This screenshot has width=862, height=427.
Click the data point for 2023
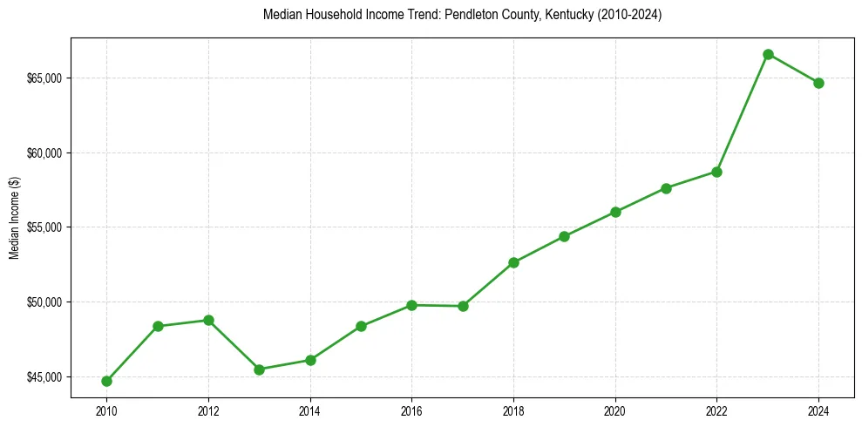point(768,54)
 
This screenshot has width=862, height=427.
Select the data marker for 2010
point(106,381)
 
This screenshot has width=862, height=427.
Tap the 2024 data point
point(818,83)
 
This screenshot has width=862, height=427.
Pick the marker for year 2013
point(259,369)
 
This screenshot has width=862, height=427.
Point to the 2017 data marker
point(463,306)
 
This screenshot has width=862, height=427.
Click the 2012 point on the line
point(208,320)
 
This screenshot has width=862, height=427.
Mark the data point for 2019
point(564,236)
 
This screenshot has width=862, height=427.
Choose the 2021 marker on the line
point(666,188)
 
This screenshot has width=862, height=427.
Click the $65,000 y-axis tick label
point(44,78)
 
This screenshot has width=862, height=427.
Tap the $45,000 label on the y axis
point(44,377)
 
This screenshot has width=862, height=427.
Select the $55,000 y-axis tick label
point(44,227)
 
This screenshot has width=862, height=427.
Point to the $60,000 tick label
point(44,153)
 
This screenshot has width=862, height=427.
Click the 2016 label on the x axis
point(411,410)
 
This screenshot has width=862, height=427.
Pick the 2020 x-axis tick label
point(615,410)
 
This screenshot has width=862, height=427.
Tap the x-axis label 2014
point(309,410)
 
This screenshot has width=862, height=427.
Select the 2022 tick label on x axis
point(716,410)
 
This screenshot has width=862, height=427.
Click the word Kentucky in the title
point(566,15)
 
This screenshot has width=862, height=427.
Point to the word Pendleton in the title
point(469,15)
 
